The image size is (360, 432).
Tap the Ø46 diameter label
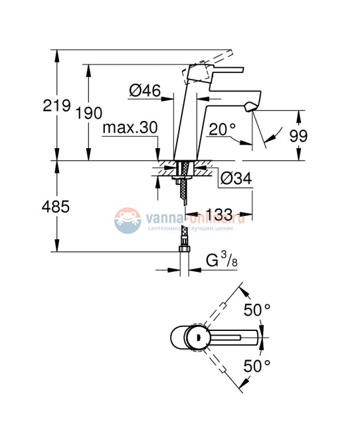(145, 92)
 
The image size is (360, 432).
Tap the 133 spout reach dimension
(219, 214)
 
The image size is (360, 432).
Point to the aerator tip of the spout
(250, 106)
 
